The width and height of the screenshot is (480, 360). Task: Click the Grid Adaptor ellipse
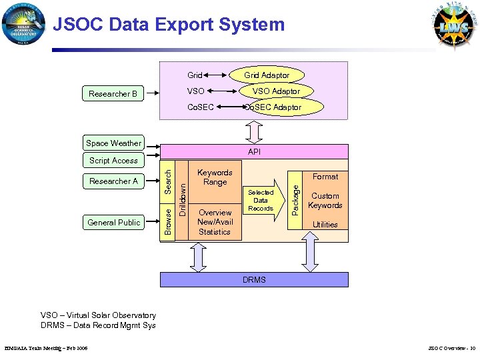[x=267, y=75]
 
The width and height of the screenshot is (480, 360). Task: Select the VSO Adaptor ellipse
[x=276, y=91]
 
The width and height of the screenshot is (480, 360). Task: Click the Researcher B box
[x=113, y=94]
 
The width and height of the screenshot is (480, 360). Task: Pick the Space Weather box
[x=113, y=143]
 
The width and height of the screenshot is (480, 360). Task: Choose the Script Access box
[x=113, y=160]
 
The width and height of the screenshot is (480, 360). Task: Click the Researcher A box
[x=113, y=181]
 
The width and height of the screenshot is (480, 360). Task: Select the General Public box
[x=113, y=222]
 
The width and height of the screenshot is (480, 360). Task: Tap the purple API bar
[x=254, y=152]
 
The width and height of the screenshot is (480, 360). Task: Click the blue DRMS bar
[x=254, y=280]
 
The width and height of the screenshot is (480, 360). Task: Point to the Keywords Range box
[x=215, y=177]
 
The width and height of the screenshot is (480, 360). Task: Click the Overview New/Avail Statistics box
[x=215, y=222]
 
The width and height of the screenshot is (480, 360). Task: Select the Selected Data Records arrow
[x=261, y=201]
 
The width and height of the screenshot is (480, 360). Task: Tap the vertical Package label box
[x=296, y=198]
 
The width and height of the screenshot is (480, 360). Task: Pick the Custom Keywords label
[x=325, y=201]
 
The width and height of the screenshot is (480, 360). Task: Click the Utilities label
[x=325, y=225]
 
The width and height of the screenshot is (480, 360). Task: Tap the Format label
[x=325, y=177]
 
